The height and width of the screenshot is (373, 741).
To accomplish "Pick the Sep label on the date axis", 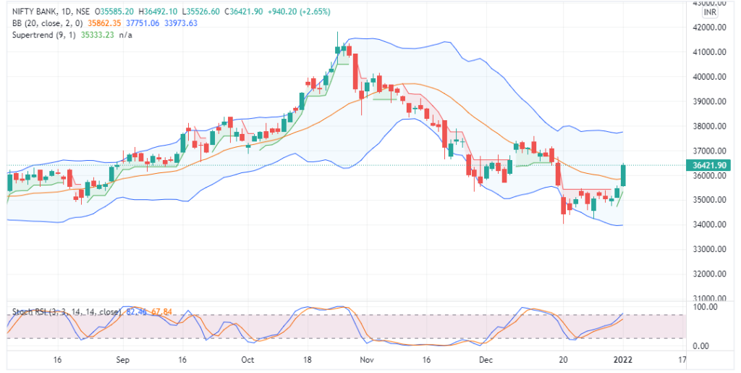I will click(x=122, y=360).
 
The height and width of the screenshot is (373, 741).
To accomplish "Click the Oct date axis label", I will click(x=247, y=360).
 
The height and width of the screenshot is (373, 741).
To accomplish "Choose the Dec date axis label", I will click(x=486, y=360).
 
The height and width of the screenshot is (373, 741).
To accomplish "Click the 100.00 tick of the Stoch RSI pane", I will click(x=706, y=307).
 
